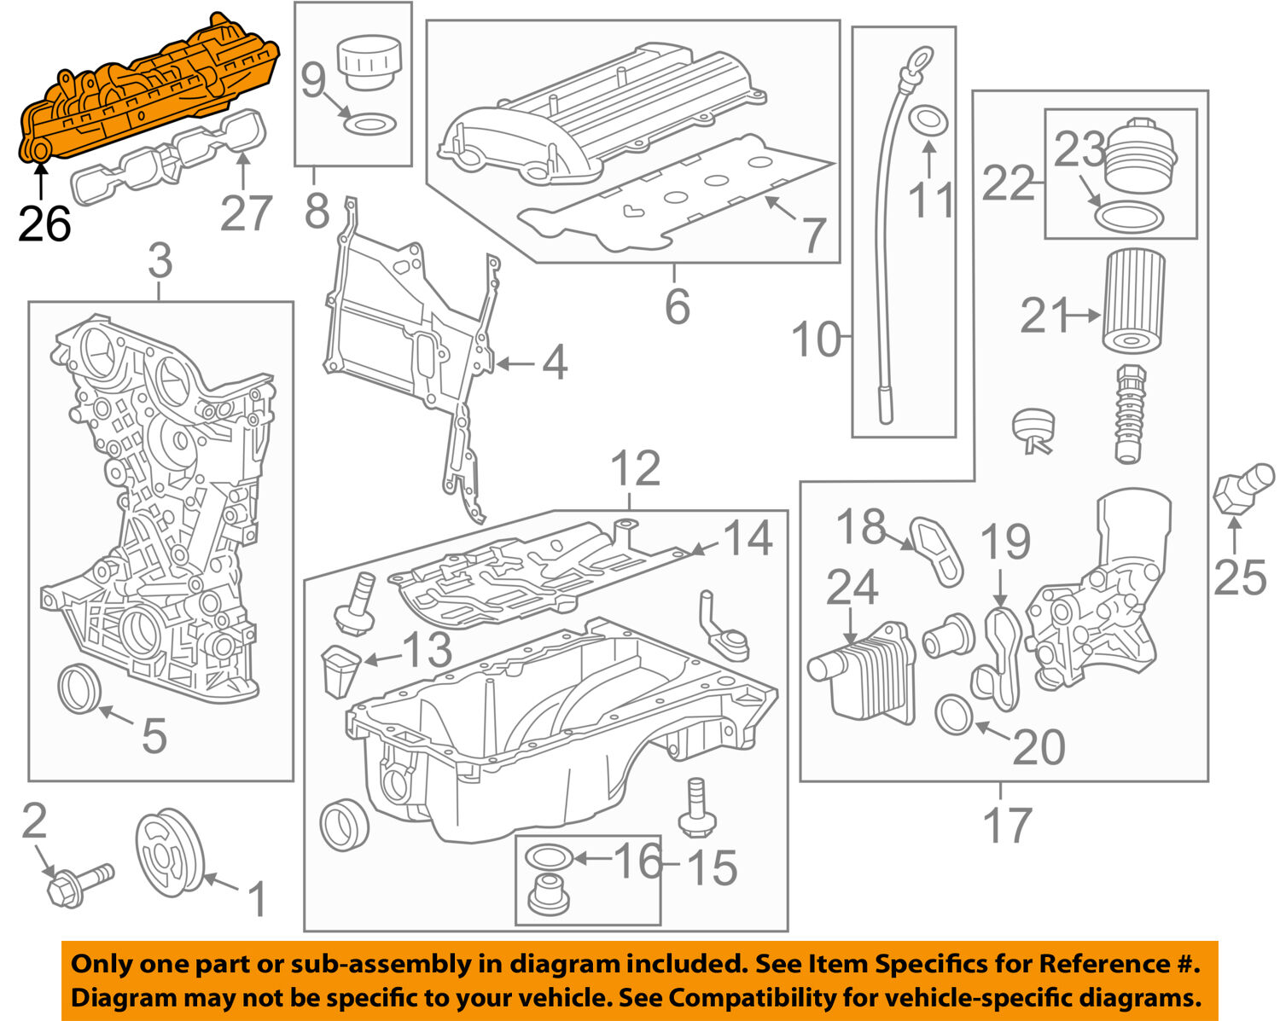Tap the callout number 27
(246, 212)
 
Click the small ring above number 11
(928, 120)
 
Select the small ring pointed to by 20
(954, 715)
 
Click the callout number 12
(636, 468)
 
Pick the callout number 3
(160, 260)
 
